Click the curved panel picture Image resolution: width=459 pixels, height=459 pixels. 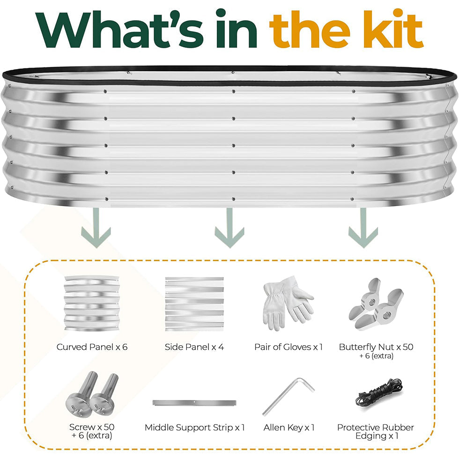point(92,304)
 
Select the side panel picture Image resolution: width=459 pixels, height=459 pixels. point(194,304)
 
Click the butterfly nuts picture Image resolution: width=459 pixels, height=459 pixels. point(376,304)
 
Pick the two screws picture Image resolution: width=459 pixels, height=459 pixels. point(92,394)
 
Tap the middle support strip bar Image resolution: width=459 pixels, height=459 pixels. point(194,403)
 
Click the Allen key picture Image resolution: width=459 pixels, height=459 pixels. point(289,397)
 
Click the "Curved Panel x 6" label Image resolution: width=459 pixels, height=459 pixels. point(92,347)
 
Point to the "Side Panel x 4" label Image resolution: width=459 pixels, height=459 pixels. point(194,347)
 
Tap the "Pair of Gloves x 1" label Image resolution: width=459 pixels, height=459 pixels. point(289,347)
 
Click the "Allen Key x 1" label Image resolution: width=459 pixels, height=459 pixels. point(289,428)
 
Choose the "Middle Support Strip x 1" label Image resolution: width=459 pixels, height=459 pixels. point(195,428)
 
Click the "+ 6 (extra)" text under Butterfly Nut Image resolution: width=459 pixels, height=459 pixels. point(376,356)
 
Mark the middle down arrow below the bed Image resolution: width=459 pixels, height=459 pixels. point(229,228)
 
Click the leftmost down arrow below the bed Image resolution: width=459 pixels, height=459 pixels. point(96,228)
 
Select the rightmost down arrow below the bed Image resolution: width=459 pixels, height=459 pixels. point(363,228)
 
